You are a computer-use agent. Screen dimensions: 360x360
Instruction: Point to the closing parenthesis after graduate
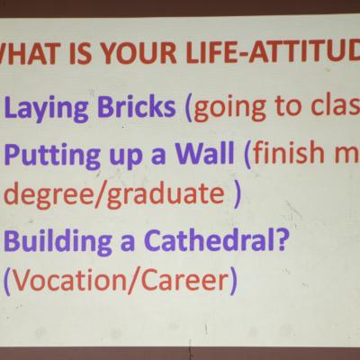[237, 195]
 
